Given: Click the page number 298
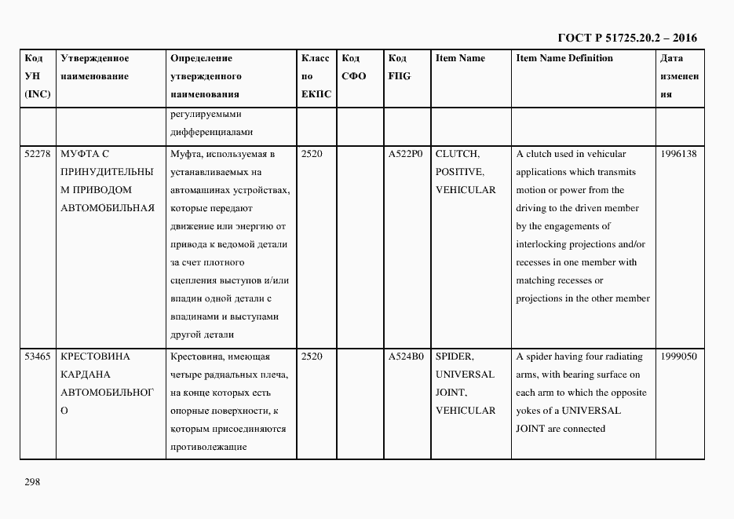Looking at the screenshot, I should [32, 482].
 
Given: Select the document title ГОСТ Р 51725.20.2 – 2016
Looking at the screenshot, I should [627, 38].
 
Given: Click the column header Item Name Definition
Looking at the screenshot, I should [564, 58].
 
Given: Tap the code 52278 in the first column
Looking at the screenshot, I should [38, 154].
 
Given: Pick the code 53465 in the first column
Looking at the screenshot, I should [38, 356].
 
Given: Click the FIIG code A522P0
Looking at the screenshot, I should [406, 154].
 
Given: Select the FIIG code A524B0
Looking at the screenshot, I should [406, 356].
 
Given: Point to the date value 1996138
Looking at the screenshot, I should [678, 154].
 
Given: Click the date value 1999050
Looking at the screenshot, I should [678, 356].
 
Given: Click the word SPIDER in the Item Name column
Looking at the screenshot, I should [455, 356].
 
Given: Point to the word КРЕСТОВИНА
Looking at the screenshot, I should [95, 356].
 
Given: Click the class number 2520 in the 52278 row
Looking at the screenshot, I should [312, 154].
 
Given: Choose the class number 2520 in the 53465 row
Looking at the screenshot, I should [312, 356].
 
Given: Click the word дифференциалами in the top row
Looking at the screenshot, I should [211, 132].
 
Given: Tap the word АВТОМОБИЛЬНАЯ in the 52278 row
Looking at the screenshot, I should [108, 208].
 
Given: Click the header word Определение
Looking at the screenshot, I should [201, 58].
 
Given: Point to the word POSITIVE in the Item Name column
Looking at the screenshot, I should [459, 172].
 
